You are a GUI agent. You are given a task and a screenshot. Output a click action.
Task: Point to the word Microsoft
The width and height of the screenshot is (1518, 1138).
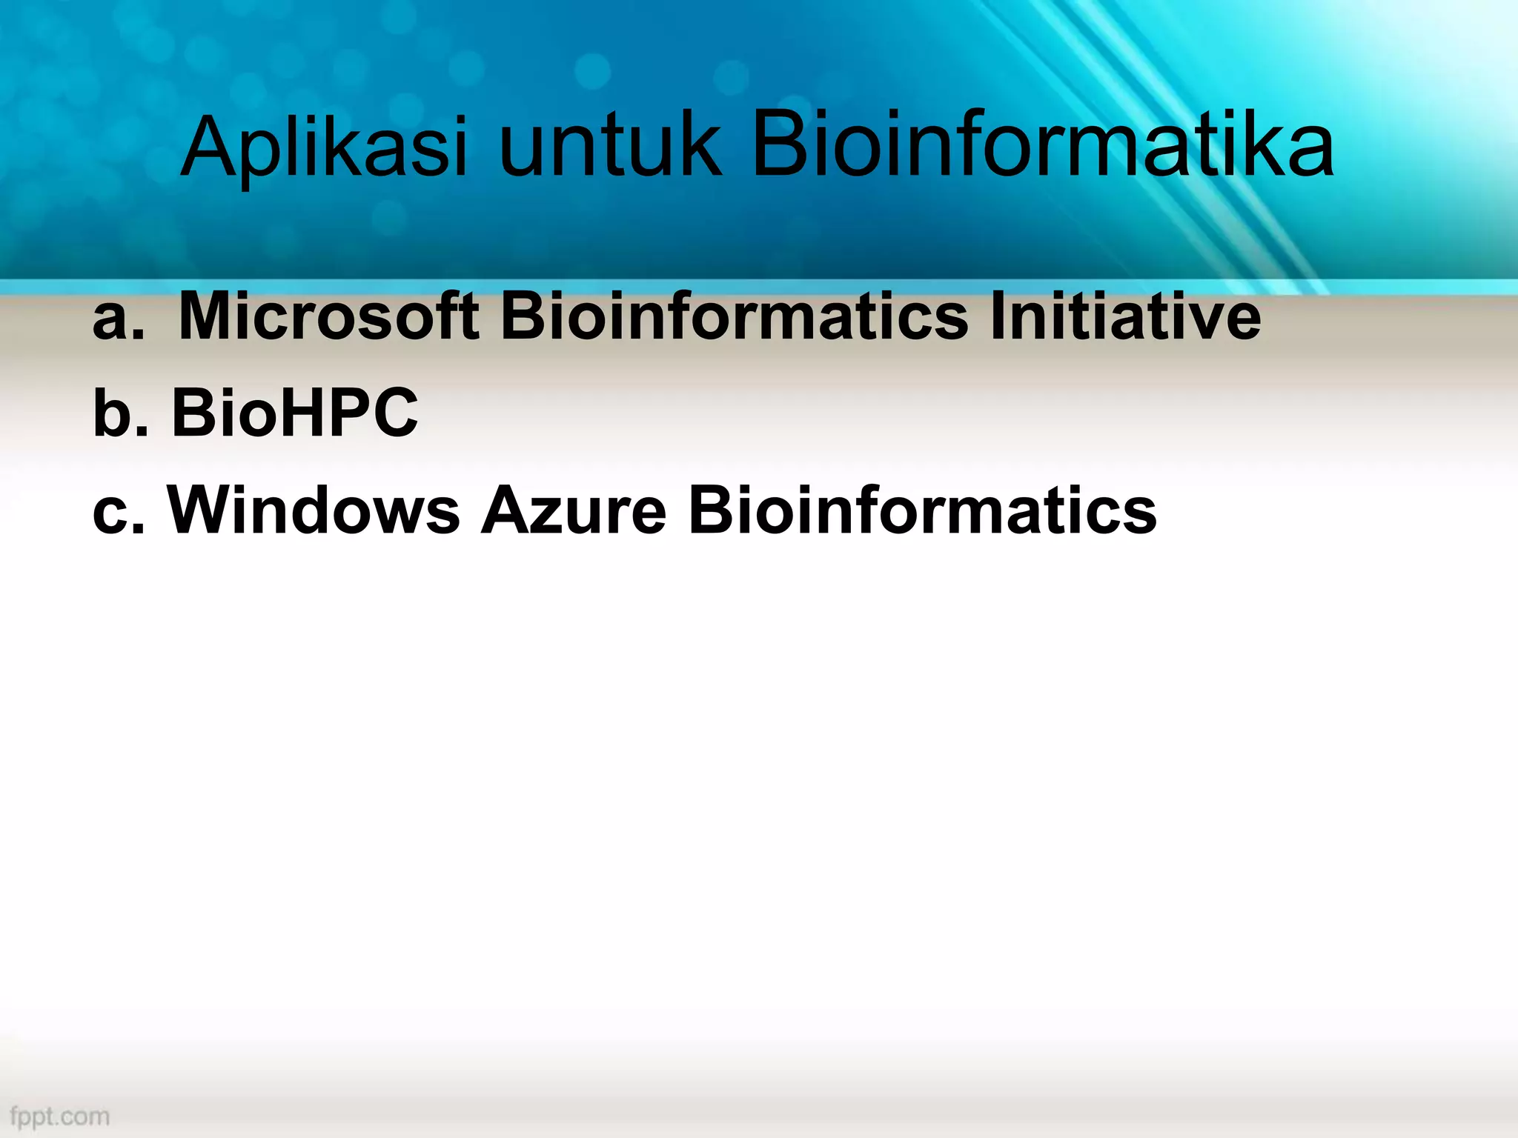[x=328, y=317]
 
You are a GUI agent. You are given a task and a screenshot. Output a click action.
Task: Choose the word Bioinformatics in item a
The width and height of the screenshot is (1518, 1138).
[x=735, y=317]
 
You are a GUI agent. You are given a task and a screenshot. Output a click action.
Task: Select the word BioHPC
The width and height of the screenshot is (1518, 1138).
[x=295, y=413]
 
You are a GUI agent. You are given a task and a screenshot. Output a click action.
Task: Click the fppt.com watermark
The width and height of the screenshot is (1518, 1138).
[x=60, y=1116]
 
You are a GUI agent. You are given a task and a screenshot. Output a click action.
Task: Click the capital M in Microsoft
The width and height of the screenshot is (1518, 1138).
[x=209, y=317]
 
